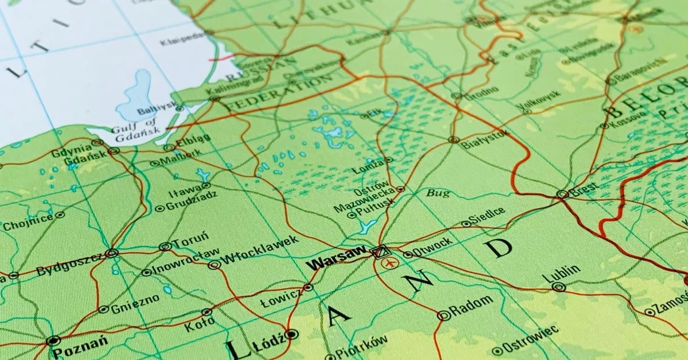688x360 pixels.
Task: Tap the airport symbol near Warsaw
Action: [392, 264]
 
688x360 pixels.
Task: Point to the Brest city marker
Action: [562, 194]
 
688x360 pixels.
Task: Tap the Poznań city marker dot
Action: [53, 341]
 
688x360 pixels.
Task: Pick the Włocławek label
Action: [259, 251]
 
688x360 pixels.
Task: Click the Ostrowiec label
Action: [531, 338]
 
